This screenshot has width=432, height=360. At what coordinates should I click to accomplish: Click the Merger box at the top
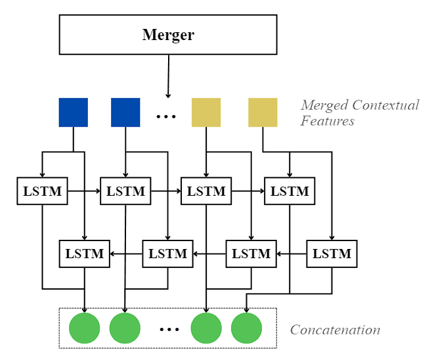[x=168, y=35]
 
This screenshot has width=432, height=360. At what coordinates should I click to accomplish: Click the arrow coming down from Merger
[x=168, y=76]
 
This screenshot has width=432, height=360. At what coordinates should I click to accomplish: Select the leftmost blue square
[x=73, y=112]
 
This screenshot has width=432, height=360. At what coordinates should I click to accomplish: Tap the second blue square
[x=125, y=112]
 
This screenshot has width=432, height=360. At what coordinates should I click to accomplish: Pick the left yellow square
[x=206, y=112]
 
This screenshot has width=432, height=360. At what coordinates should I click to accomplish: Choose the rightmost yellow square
[x=263, y=112]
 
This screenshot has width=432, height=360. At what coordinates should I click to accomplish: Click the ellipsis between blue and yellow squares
[x=166, y=117]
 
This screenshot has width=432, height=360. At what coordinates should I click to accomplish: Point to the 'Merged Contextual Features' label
[x=359, y=113]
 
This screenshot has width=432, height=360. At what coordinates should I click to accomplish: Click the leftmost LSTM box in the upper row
[x=43, y=192]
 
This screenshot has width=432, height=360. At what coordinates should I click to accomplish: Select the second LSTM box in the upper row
[x=125, y=192]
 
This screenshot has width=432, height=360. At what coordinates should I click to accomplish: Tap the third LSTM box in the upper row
[x=206, y=192]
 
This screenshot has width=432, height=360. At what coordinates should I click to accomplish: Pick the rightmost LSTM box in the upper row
[x=290, y=192]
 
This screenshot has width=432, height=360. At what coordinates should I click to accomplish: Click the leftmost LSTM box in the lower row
[x=85, y=254]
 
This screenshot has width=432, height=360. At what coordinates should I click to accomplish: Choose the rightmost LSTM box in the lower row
[x=332, y=254]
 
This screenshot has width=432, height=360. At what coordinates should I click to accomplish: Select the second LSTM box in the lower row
[x=168, y=254]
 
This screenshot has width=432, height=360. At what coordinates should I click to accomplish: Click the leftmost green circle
[x=84, y=328]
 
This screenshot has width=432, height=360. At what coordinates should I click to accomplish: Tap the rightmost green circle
[x=246, y=328]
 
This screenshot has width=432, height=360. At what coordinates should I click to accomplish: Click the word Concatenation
[x=335, y=330]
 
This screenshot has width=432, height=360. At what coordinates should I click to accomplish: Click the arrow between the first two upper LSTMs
[x=84, y=192]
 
